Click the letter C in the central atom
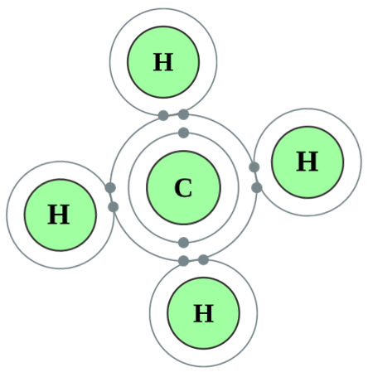pos(183,188)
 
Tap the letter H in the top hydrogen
pos(163,62)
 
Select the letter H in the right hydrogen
pos(307,162)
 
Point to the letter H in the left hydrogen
pos(59,215)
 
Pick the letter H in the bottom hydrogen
pos(203,313)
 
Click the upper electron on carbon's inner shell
pos(183,133)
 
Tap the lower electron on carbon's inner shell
pos(183,243)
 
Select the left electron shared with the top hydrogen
pos(163,115)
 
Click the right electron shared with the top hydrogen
pos(183,114)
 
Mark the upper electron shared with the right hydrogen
pos(254,167)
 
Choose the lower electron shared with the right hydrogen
pos(257,188)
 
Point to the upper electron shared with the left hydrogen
pos(110,188)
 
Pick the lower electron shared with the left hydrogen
pos(114,207)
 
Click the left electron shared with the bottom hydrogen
pos(183,260)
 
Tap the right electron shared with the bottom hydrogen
pos(203,260)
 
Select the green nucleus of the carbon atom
pos(183,187)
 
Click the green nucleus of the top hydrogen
pos(163,62)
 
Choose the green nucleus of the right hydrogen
pos(307,162)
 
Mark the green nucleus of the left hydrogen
pos(61,215)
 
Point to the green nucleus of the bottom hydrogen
pos(204,313)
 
